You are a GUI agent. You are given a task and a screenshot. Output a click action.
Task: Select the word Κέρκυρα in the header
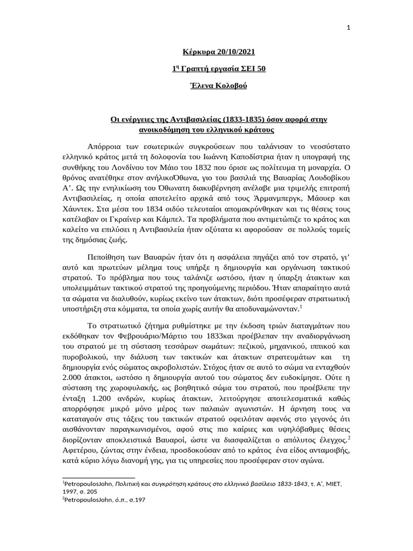tap(196, 52)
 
